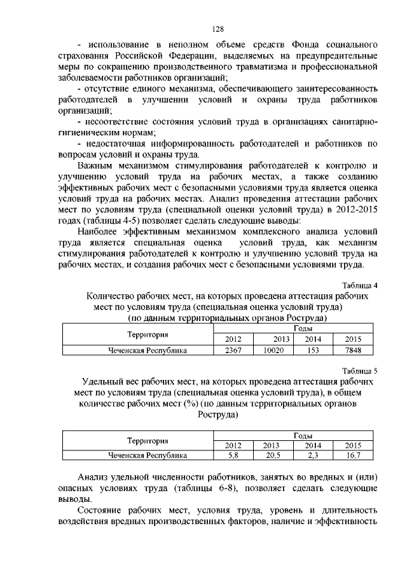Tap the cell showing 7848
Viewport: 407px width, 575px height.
352,349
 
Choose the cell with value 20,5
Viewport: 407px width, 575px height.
273,455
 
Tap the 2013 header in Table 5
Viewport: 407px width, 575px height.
273,445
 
